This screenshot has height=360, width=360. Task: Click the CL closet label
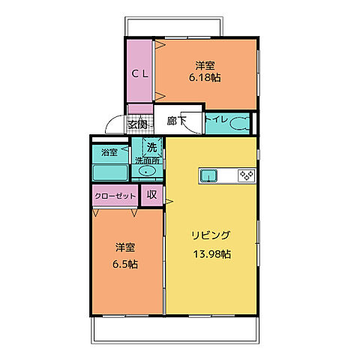coord(140,73)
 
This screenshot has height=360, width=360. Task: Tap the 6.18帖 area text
coord(204,76)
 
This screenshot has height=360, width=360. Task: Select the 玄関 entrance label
coord(137,124)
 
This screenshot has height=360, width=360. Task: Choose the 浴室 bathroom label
coord(109,152)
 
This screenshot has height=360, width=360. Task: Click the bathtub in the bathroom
coord(110,172)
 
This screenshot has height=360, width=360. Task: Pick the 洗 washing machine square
coord(152,146)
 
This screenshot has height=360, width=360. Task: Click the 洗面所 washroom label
coord(148,160)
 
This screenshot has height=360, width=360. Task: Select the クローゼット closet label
coord(115,196)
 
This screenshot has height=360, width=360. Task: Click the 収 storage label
coord(152,195)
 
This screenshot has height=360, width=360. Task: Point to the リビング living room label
coord(210,235)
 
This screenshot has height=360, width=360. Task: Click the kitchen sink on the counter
coord(209,176)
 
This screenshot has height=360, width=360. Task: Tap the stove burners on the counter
coord(246,176)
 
